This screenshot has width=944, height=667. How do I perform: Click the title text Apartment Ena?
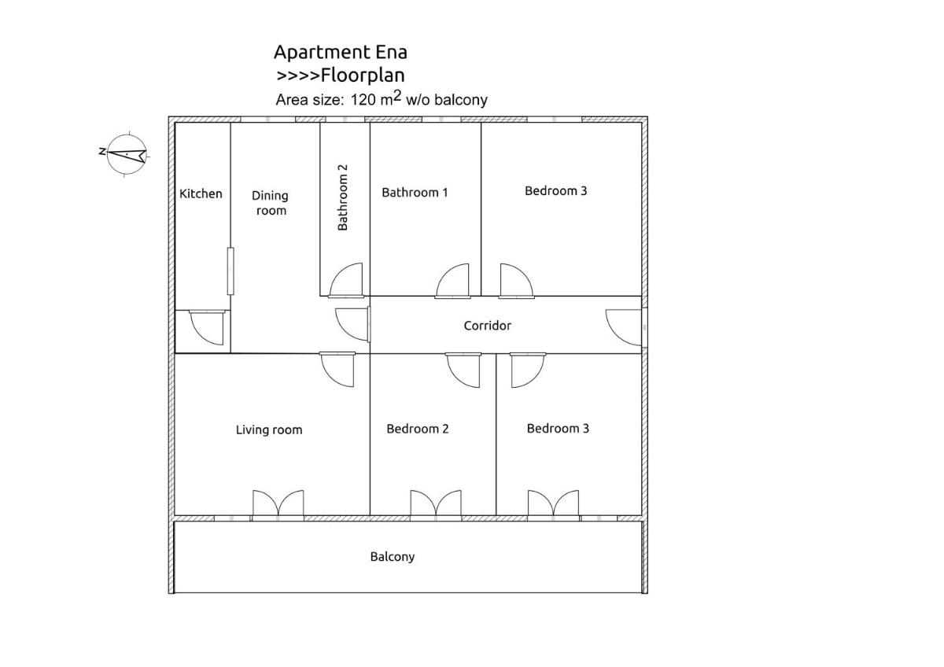click(x=341, y=53)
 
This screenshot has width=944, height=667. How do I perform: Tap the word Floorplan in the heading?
click(x=363, y=76)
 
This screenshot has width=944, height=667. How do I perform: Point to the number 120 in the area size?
click(x=363, y=100)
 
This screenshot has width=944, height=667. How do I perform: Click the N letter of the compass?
click(x=101, y=151)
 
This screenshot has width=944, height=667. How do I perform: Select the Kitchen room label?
click(x=201, y=193)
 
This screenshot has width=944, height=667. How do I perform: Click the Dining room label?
click(x=271, y=203)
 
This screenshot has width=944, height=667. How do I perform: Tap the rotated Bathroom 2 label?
click(x=343, y=197)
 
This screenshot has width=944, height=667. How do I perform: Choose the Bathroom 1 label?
click(x=415, y=193)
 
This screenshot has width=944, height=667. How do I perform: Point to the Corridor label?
click(x=488, y=326)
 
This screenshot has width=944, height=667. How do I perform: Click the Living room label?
click(x=269, y=429)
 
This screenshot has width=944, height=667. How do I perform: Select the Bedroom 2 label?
click(x=418, y=429)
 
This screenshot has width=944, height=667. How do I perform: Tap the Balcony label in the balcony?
click(x=393, y=557)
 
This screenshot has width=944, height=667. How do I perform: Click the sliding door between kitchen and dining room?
click(x=230, y=271)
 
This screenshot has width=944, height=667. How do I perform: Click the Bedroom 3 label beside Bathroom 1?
click(x=556, y=191)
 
